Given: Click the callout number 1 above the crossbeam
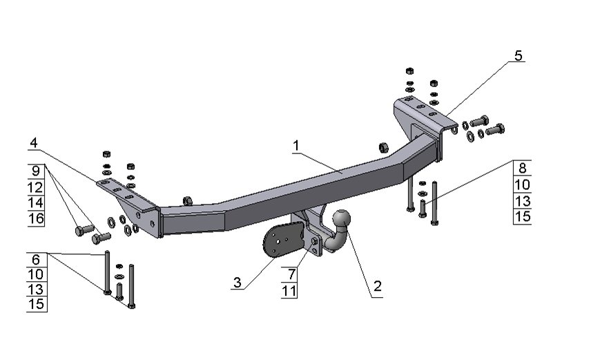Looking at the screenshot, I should [295, 146].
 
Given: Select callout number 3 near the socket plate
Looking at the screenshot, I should [237, 282].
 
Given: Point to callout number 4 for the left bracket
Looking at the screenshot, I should [34, 143].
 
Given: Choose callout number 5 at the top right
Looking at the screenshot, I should [519, 56].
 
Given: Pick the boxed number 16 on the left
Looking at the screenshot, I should [36, 218].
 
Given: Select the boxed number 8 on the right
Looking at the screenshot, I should [523, 169].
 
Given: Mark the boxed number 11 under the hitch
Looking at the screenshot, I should [290, 291].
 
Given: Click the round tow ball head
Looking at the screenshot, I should [342, 220].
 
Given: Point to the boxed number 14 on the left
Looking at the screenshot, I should [36, 202].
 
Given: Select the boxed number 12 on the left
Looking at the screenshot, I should [36, 187].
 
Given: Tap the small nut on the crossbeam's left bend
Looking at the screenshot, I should [187, 200].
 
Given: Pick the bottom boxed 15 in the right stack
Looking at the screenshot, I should [523, 216].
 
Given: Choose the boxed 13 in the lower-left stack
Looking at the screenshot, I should [36, 290].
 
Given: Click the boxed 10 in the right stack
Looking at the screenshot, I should [523, 184].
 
